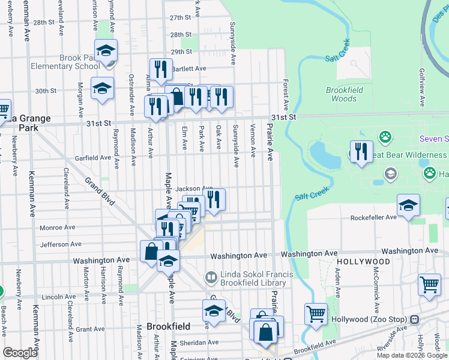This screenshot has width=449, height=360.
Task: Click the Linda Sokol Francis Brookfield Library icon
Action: (x=211, y=277)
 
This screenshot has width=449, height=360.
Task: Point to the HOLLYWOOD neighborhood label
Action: (x=363, y=262)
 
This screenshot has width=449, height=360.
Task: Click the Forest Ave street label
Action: (x=286, y=91)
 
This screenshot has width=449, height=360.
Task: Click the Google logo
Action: (x=20, y=353)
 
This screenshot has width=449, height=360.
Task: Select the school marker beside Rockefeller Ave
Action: (x=408, y=205)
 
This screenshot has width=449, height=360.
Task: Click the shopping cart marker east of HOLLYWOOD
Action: (x=429, y=285)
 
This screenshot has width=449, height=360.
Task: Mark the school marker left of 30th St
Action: (x=103, y=88)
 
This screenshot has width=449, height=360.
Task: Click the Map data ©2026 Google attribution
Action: (x=412, y=355)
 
